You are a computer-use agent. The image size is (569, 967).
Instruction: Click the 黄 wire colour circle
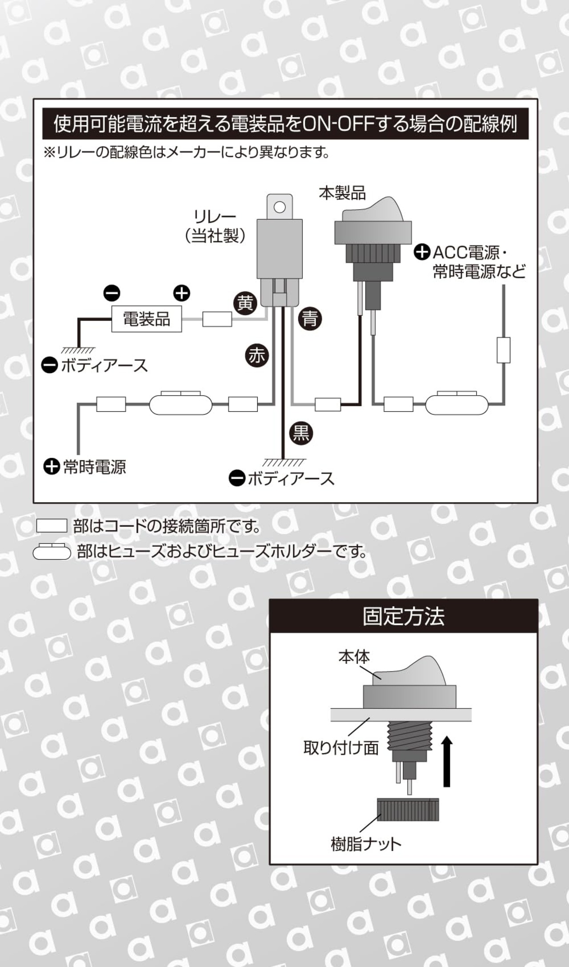(x=245, y=303)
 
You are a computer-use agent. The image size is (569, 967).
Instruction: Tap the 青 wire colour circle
(x=310, y=319)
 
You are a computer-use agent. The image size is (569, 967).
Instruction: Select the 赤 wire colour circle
(x=257, y=356)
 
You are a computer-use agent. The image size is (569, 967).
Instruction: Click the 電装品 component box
(x=146, y=319)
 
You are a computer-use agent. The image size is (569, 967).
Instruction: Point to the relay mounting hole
(x=280, y=207)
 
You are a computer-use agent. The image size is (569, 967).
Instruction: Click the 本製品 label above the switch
(x=342, y=193)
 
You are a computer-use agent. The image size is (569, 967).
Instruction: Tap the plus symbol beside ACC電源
(x=422, y=252)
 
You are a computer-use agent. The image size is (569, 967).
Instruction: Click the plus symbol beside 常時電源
(x=52, y=467)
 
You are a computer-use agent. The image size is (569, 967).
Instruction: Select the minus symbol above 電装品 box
(x=112, y=293)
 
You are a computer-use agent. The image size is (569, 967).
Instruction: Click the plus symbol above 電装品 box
(x=181, y=293)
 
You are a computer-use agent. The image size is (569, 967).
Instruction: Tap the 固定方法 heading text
(x=403, y=616)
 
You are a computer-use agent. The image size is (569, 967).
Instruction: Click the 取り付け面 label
(x=341, y=747)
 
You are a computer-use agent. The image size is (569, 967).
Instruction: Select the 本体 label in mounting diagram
(x=354, y=656)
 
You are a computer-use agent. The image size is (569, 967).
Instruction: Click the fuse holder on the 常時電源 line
(x=180, y=404)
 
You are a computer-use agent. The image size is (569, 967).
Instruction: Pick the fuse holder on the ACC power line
(x=457, y=404)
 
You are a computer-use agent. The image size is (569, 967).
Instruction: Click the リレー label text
(x=215, y=216)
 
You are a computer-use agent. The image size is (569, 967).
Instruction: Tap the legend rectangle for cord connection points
(x=52, y=526)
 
